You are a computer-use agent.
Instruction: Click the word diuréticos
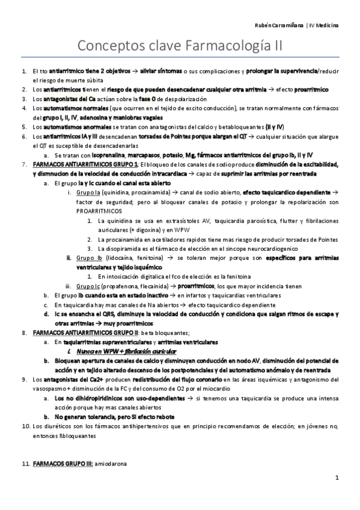51,426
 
